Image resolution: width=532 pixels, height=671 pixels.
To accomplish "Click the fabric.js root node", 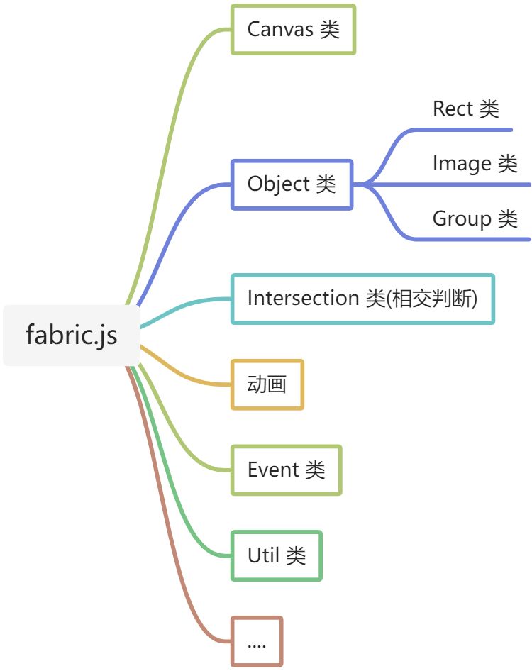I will point(71,335).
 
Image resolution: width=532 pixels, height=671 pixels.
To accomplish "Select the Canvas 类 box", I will point(293,29).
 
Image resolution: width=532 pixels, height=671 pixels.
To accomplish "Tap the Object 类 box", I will point(292,184).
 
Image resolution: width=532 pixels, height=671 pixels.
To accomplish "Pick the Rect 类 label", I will point(466,109).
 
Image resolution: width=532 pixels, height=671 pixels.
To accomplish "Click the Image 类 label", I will point(475,164).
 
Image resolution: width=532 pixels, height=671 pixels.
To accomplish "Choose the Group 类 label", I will point(475,218).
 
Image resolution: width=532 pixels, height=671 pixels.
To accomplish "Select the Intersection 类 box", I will point(362,299).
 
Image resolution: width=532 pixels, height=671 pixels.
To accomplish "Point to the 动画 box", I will point(267,384).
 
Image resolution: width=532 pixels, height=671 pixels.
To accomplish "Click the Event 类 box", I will point(287,470).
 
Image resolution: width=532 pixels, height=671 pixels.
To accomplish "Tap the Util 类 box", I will point(277,555).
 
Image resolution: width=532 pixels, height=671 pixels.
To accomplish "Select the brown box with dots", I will point(257,641).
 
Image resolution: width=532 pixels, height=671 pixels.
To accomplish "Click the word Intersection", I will point(303,298).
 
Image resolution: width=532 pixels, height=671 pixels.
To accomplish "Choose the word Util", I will point(264,555).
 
